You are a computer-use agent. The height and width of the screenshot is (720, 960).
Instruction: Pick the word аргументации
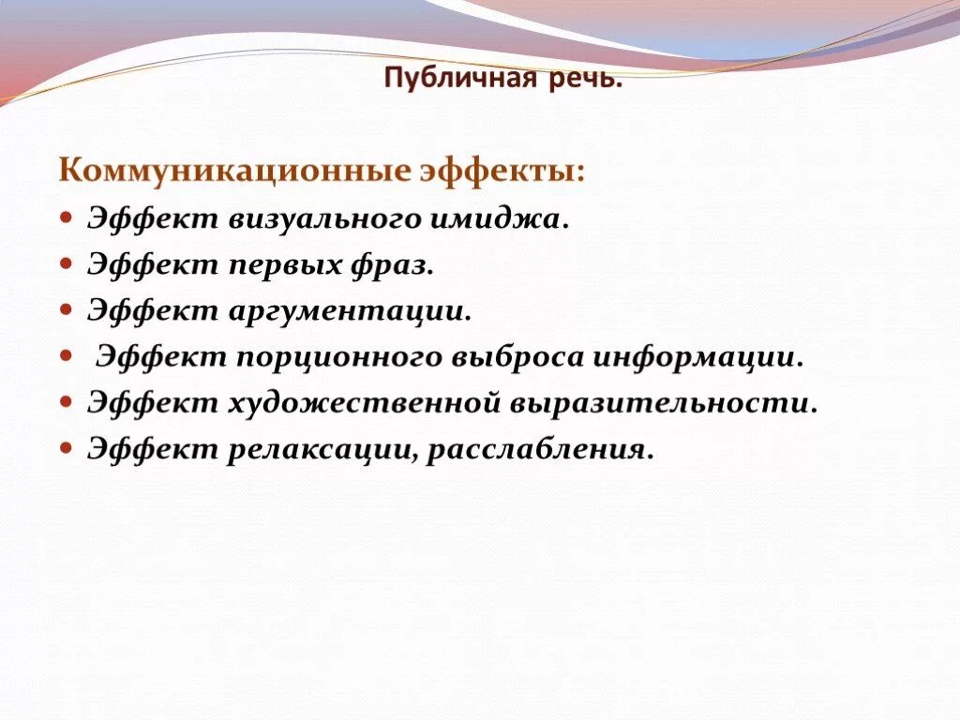click(x=348, y=312)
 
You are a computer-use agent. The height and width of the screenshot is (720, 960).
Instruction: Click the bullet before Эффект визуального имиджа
click(x=66, y=217)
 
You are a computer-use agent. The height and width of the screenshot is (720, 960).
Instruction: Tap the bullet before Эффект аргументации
click(x=66, y=309)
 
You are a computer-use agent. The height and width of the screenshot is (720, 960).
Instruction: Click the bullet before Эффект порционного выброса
click(x=66, y=355)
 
